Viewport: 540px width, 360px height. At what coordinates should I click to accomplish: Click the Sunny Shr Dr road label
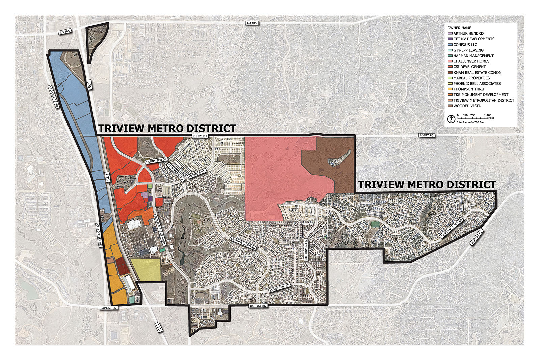point(157,161)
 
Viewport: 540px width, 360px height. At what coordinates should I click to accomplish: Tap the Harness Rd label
point(197,174)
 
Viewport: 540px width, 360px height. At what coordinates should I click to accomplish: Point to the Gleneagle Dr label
point(306,250)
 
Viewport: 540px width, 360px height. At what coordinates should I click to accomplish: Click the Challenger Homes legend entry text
point(471,61)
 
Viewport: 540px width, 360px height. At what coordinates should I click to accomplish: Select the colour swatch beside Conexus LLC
point(450,45)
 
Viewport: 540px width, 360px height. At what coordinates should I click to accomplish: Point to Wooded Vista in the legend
point(467,106)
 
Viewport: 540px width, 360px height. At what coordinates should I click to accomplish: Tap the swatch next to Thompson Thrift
point(450,89)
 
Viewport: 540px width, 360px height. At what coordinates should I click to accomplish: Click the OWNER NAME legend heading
point(459,28)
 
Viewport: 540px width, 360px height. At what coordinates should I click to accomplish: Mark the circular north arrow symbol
point(451,119)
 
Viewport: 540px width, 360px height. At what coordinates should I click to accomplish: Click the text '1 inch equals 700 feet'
point(471,122)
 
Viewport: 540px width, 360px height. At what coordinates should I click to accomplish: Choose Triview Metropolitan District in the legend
point(484,100)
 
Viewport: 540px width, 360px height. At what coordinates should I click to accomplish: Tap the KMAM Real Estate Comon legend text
point(477,73)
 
